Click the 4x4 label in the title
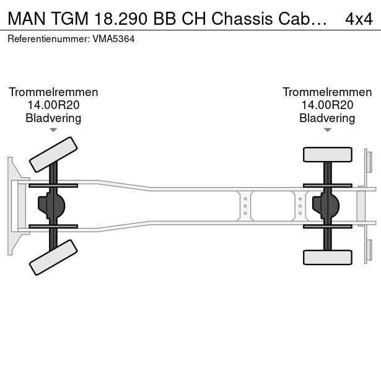359,19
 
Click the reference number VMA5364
113,39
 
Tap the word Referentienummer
48,39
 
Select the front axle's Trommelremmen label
53,92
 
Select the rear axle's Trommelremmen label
327,92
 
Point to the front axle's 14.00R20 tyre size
53,105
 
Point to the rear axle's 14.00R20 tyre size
327,105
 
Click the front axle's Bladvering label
53,118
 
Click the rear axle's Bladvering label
327,118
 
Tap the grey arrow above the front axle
53,130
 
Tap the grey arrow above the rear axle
328,130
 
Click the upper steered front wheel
53,154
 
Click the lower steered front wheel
53,258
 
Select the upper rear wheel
328,154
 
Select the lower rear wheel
328,258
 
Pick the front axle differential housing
51,206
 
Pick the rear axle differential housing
326,206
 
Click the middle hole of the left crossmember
245,206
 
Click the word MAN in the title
27,19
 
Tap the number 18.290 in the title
121,19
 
